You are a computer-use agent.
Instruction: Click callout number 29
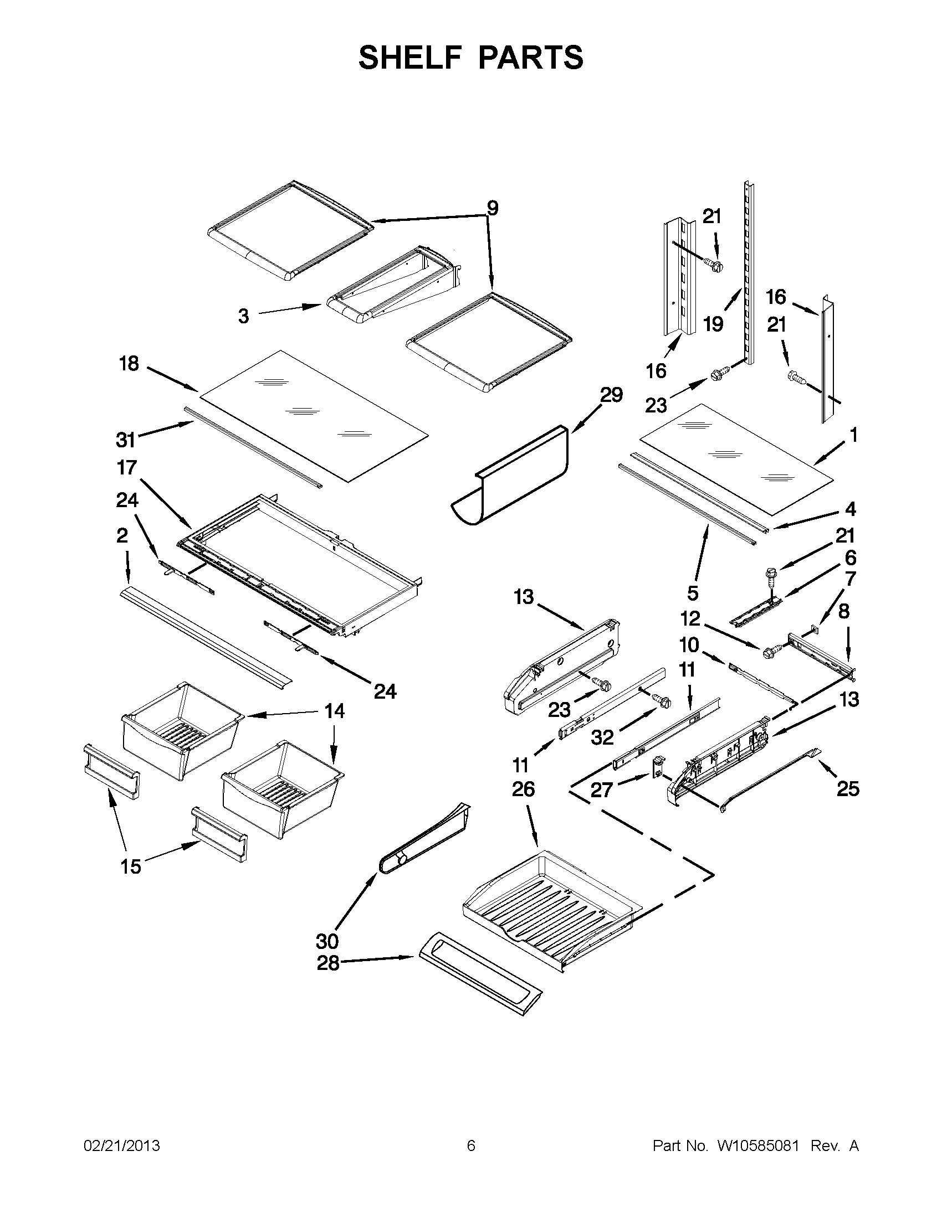coord(611,395)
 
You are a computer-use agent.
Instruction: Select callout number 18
coord(129,364)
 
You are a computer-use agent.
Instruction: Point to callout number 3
coord(243,316)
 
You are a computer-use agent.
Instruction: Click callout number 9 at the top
coord(492,208)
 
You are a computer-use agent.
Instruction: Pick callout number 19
coord(713,324)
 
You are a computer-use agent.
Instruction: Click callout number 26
coord(523,789)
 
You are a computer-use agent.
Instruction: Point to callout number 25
coord(848,788)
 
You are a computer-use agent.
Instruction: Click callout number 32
coord(603,737)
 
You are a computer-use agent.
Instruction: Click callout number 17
coord(127,467)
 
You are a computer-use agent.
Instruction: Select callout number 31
coord(126,440)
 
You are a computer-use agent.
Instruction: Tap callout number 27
coord(602,789)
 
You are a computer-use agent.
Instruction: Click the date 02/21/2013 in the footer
coord(122,1145)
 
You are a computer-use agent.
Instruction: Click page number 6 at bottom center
coord(471,1145)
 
